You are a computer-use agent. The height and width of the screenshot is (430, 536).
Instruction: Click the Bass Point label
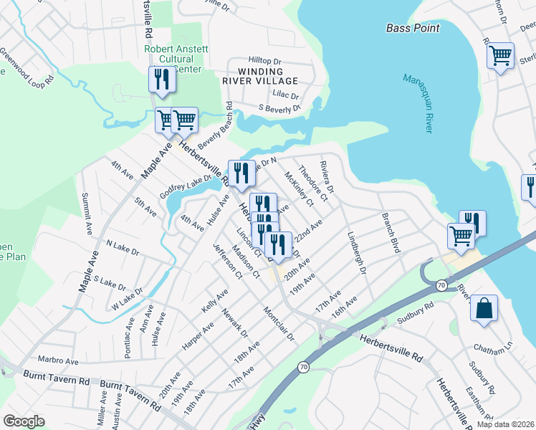coord(412,28)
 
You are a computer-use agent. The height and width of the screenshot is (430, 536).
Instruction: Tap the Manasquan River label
coord(417,102)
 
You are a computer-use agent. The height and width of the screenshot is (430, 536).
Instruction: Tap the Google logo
coord(23,421)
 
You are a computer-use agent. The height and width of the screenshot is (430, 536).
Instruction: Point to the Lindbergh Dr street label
coord(356,252)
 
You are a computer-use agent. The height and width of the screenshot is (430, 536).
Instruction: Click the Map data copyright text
coord(505,424)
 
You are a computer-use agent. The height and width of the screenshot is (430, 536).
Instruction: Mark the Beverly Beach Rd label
coord(215,128)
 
